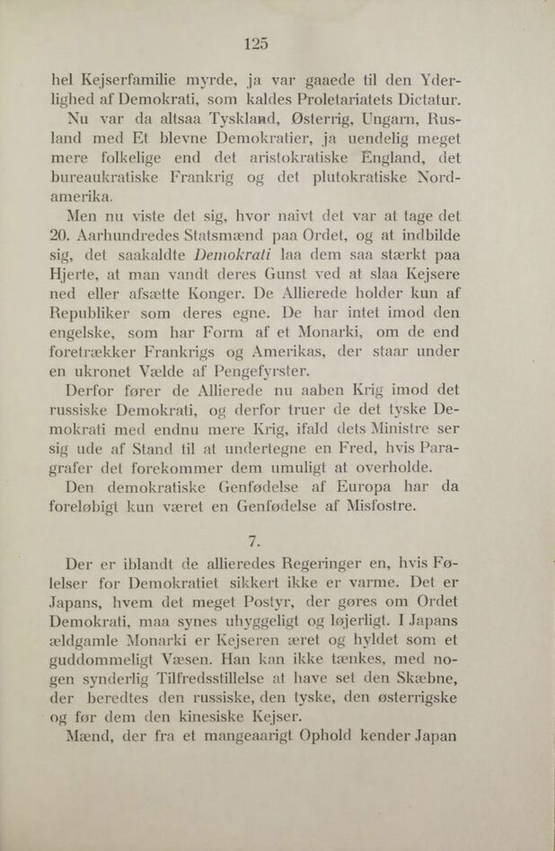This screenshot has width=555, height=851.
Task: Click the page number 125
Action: [x=256, y=42]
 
